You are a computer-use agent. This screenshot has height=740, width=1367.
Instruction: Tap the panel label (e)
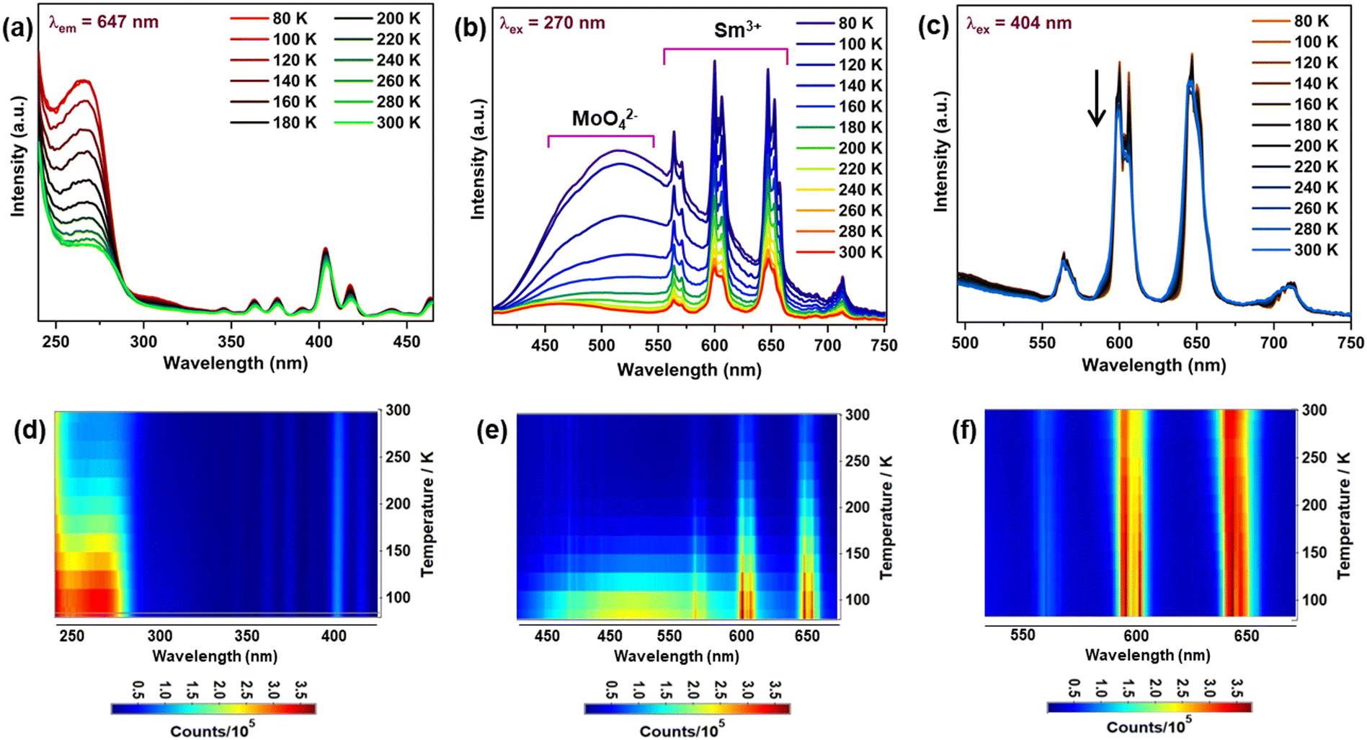(x=492, y=431)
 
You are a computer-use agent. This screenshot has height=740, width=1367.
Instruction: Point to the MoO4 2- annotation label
(x=604, y=119)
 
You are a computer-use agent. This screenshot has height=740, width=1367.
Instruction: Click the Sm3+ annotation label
(x=737, y=30)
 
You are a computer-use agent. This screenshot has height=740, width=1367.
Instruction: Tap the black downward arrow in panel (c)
(x=1096, y=99)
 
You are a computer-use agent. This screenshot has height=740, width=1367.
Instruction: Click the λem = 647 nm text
(x=103, y=22)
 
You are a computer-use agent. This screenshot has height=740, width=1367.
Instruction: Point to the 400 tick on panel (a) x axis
(x=319, y=342)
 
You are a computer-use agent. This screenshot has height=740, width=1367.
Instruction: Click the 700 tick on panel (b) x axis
(x=827, y=346)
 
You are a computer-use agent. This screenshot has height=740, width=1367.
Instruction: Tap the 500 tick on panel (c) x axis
(x=965, y=343)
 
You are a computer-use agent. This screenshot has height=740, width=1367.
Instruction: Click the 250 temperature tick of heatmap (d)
(x=397, y=457)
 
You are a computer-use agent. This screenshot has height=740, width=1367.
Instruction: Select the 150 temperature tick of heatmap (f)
(x=1314, y=552)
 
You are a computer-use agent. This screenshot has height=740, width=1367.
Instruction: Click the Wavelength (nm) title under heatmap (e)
(x=676, y=656)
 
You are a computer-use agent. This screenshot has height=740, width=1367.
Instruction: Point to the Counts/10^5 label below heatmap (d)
(x=213, y=731)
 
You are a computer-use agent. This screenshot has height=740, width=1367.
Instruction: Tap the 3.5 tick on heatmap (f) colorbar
(x=1237, y=689)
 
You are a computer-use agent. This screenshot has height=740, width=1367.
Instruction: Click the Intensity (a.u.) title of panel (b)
(x=478, y=159)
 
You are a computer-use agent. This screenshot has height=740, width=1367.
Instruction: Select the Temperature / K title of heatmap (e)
(x=886, y=517)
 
